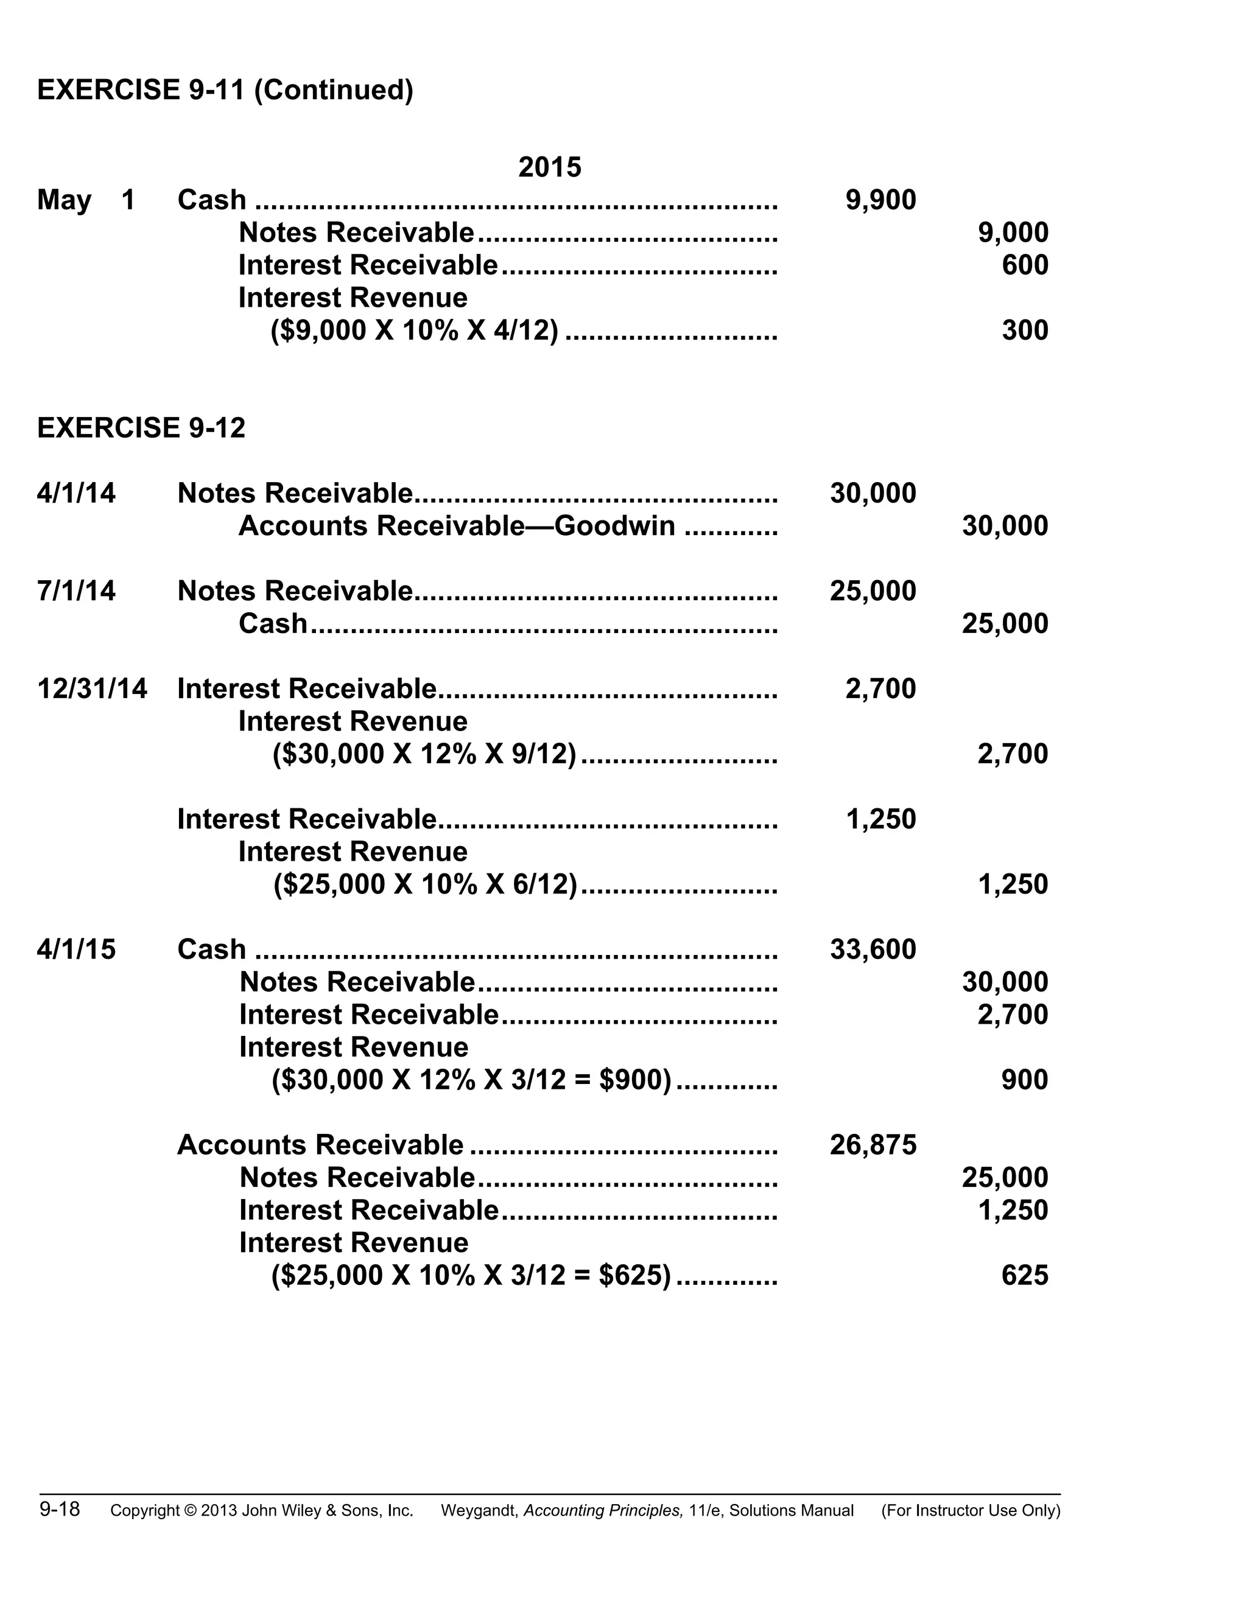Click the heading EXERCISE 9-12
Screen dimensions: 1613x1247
pyautogui.click(x=141, y=429)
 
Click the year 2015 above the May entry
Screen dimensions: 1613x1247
pyautogui.click(x=550, y=167)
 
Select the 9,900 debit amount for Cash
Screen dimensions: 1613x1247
pyautogui.click(x=880, y=200)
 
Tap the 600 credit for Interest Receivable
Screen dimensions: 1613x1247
pyautogui.click(x=1025, y=265)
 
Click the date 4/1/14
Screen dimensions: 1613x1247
pyautogui.click(x=76, y=494)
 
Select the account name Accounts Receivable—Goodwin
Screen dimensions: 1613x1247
pyautogui.click(x=457, y=526)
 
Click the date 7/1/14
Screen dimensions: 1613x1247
pyautogui.click(x=76, y=591)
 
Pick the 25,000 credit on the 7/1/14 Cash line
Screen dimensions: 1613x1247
pyautogui.click(x=1005, y=623)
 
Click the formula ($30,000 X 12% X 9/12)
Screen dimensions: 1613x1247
pyautogui.click(x=424, y=754)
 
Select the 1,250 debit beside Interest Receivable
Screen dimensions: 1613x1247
pyautogui.click(x=880, y=819)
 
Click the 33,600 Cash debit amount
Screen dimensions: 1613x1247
pyautogui.click(x=873, y=950)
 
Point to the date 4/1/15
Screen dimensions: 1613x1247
pyautogui.click(x=76, y=950)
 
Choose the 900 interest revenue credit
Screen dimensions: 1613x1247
pyautogui.click(x=1025, y=1080)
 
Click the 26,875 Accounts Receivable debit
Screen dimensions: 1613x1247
pyautogui.click(x=873, y=1145)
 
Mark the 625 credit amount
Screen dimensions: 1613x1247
pyautogui.click(x=1025, y=1275)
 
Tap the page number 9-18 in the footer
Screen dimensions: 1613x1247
pyautogui.click(x=60, y=1509)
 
